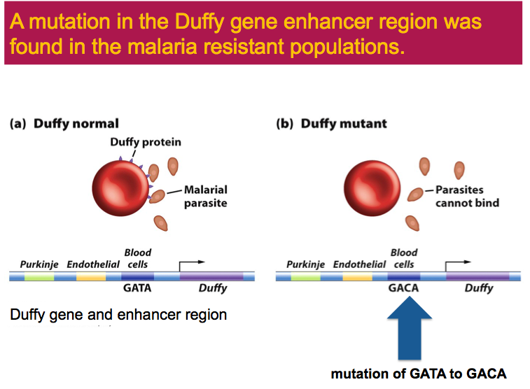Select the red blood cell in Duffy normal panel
coord(120,188)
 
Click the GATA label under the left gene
coord(137,288)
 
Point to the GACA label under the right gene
coord(403,288)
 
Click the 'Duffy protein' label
coord(146,142)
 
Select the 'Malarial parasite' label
coord(205,197)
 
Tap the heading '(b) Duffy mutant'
coord(332,124)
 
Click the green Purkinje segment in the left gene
coord(39,277)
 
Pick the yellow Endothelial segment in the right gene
coord(358,277)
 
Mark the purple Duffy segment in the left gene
coord(211,277)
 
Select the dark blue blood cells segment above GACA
coord(404,277)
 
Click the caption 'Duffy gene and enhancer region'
coord(118,315)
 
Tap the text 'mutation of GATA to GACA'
coord(418,374)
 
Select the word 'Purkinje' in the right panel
coord(305,264)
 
